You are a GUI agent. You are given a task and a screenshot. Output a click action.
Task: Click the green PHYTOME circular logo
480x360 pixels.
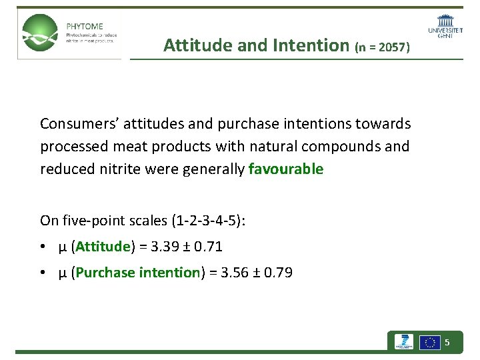[39, 33]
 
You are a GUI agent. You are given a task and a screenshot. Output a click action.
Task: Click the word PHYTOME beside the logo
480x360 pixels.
[85, 27]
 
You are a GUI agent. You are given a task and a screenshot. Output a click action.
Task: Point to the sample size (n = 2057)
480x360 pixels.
[383, 47]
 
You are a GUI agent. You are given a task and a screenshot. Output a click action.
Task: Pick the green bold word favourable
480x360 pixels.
[285, 169]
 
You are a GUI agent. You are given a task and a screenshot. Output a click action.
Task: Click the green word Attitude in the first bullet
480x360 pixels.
[102, 247]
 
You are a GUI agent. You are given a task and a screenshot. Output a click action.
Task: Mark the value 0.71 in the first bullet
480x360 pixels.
[208, 247]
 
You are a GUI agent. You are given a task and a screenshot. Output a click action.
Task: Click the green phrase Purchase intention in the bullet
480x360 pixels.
[137, 273]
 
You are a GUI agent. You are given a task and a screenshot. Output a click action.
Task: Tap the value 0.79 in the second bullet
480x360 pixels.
[278, 273]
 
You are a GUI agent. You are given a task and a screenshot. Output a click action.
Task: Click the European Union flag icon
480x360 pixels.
[429, 343]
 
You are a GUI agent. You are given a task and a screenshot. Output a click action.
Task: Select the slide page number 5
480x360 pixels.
[447, 343]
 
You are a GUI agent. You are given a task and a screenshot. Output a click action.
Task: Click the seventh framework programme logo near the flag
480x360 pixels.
[403, 343]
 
